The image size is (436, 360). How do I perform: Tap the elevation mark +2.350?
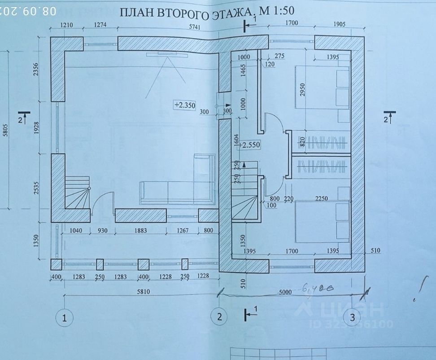point(185,105)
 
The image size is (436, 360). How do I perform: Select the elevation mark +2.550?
point(250,145)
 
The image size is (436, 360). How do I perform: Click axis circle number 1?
point(65,318)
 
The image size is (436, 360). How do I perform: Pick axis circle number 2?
point(219,317)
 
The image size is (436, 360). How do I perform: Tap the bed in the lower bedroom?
point(323,221)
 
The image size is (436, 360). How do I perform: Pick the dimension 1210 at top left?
point(66,25)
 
